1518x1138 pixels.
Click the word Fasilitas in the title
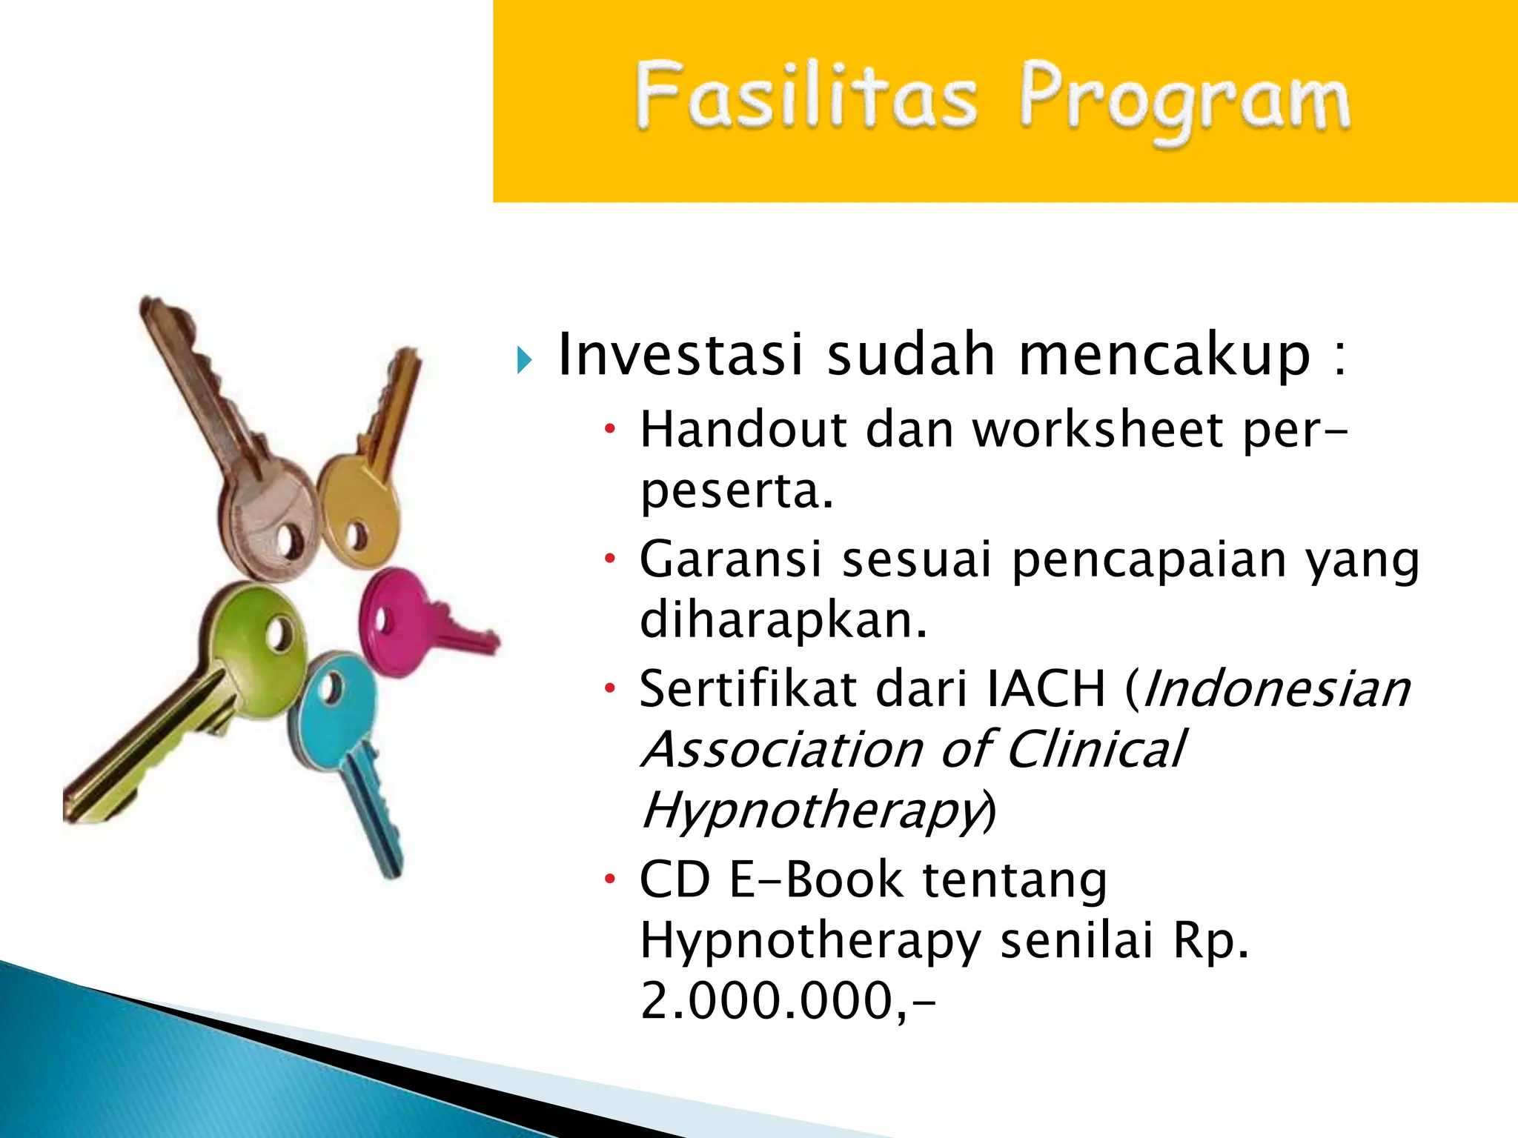pyautogui.click(x=806, y=97)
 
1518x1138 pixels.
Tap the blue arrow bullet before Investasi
pyautogui.click(x=525, y=360)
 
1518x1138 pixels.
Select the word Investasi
pyautogui.click(x=680, y=356)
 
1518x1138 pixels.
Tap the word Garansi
pyautogui.click(x=730, y=559)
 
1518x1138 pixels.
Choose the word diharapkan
pyautogui.click(x=783, y=620)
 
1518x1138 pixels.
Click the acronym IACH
pyautogui.click(x=1047, y=689)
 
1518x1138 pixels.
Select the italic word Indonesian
pyautogui.click(x=1276, y=689)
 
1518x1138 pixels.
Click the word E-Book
pyautogui.click(x=817, y=880)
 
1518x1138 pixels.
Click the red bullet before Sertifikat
pyautogui.click(x=609, y=689)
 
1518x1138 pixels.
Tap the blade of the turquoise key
pyautogui.click(x=374, y=808)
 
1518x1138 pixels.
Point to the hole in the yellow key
pyautogui.click(x=357, y=536)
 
